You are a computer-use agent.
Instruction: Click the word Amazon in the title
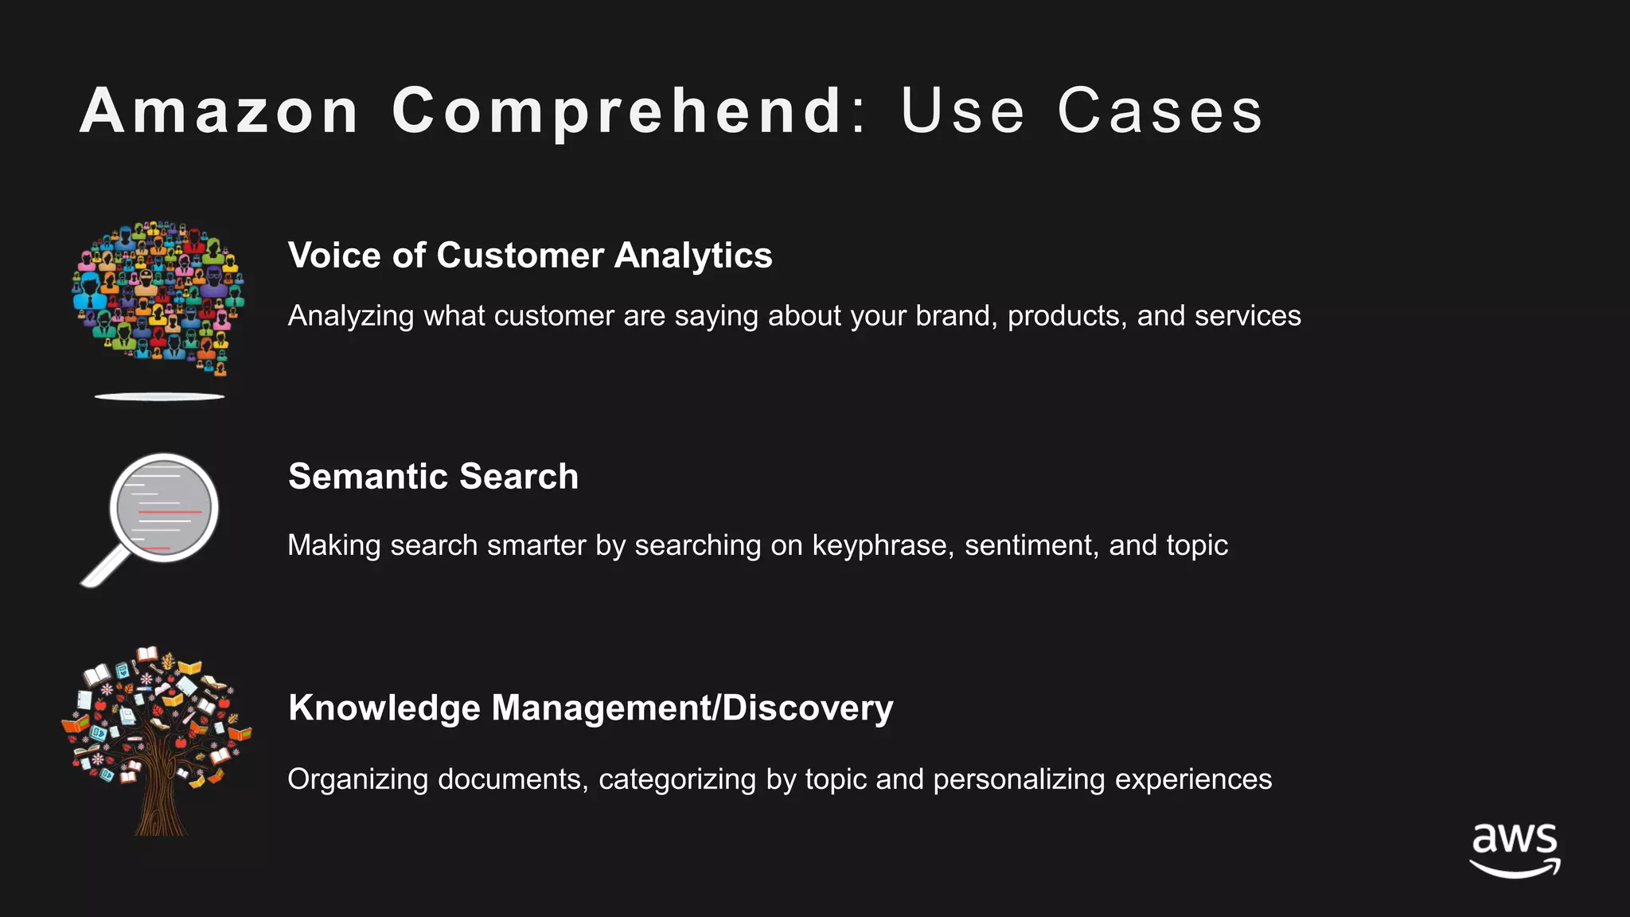pyautogui.click(x=220, y=111)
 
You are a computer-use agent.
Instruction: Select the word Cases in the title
pyautogui.click(x=1160, y=111)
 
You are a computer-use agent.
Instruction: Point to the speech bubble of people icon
pyautogui.click(x=159, y=295)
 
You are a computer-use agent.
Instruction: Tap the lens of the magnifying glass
pyautogui.click(x=164, y=508)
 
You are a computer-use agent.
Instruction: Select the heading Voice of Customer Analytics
pyautogui.click(x=530, y=256)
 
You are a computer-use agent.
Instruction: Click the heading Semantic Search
pyautogui.click(x=433, y=477)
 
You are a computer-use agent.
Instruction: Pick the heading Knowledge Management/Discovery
pyautogui.click(x=591, y=708)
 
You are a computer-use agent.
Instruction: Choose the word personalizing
pyautogui.click(x=1019, y=779)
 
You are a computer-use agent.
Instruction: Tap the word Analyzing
pyautogui.click(x=351, y=316)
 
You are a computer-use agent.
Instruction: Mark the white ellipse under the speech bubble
pyautogui.click(x=160, y=396)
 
